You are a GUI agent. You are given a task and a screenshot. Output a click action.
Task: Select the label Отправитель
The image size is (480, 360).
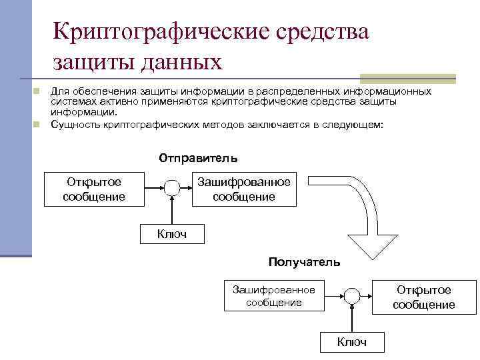pos(197,159)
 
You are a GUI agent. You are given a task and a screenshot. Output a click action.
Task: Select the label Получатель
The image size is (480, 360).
pos(304,262)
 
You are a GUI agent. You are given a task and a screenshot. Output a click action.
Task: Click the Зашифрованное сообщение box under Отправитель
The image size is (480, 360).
pos(243,189)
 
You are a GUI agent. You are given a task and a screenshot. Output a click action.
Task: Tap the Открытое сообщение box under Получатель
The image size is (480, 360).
pos(423,297)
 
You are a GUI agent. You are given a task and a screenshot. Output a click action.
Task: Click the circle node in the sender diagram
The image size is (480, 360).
pos(172,189)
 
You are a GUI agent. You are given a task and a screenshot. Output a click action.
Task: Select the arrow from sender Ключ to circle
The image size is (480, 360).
pos(172,211)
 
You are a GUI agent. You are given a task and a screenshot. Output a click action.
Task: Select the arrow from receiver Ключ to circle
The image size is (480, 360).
pos(351,319)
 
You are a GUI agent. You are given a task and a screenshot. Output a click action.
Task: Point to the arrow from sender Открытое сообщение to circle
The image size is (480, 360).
pos(153,189)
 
